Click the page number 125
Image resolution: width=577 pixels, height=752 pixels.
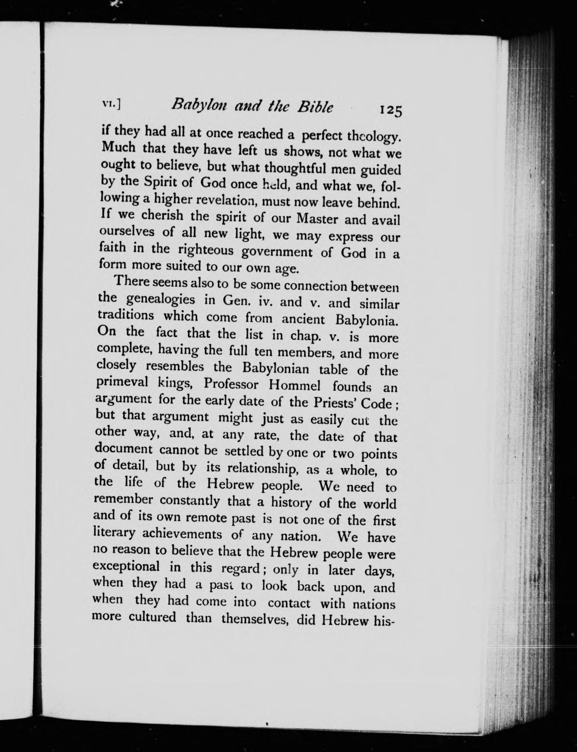coord(390,110)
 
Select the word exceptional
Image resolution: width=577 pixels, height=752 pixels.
coord(126,567)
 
